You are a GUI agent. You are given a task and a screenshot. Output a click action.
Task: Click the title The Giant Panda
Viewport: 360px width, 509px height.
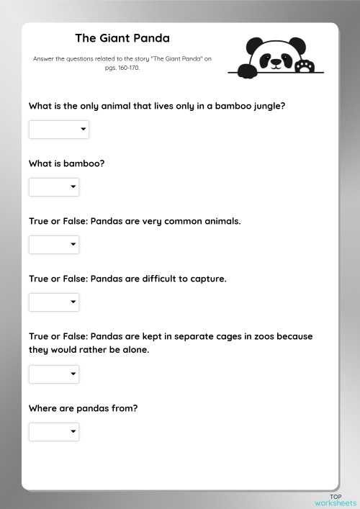122,37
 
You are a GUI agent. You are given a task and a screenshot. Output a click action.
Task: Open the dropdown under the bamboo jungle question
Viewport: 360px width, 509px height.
59,130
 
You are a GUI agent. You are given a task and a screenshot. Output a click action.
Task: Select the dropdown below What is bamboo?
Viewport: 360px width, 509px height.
54,187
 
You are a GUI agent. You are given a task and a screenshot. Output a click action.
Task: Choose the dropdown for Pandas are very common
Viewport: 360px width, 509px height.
54,245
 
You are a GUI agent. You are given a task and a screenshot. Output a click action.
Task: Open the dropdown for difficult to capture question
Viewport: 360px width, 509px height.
54,302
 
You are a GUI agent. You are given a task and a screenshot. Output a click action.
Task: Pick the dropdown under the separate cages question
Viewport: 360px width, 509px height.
54,374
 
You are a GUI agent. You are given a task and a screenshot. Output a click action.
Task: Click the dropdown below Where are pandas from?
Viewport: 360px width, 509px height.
54,432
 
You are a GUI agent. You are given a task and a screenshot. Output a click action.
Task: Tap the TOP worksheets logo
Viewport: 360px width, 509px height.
336,500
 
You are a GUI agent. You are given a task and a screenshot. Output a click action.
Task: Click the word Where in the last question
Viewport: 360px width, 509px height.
43,408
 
